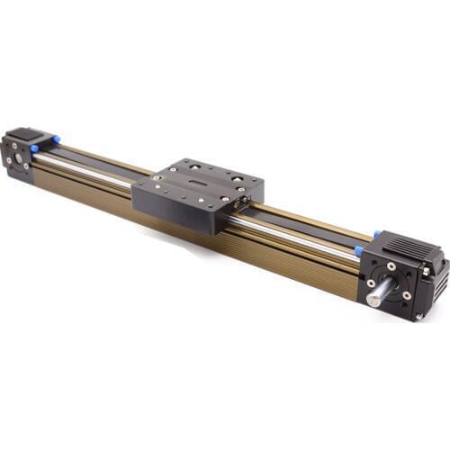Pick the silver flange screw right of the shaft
(407, 295)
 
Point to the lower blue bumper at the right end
(359, 251)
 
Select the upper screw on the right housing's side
(426, 271)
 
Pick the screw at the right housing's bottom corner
(418, 316)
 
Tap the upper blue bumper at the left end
(54, 139)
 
